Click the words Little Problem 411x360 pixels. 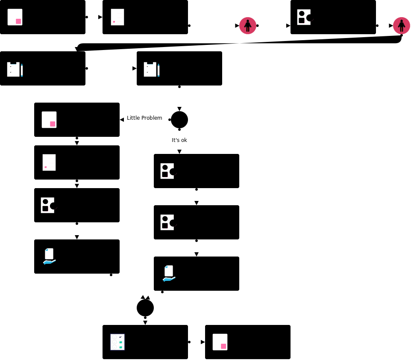tap(144, 118)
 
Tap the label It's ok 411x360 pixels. tap(179, 140)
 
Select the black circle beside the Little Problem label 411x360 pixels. tap(179, 120)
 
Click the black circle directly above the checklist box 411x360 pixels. tap(145, 308)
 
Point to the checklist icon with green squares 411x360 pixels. tap(117, 342)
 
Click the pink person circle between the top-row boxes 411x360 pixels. tap(248, 26)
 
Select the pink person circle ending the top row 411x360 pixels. tap(402, 26)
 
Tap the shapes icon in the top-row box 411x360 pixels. tap(305, 17)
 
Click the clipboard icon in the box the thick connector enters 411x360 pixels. tap(15, 69)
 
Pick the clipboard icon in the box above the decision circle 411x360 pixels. tap(151, 69)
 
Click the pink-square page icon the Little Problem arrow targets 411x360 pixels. tap(49, 120)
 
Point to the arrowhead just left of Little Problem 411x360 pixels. tap(122, 120)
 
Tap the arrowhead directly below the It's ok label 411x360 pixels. tap(179, 152)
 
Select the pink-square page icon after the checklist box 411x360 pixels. tap(220, 342)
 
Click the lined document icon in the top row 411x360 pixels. tap(117, 17)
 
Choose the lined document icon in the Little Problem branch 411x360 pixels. tap(49, 162)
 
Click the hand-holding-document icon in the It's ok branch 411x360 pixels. tap(169, 273)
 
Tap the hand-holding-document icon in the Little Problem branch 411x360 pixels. tap(49, 256)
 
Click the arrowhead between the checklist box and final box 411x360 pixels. tap(203, 342)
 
